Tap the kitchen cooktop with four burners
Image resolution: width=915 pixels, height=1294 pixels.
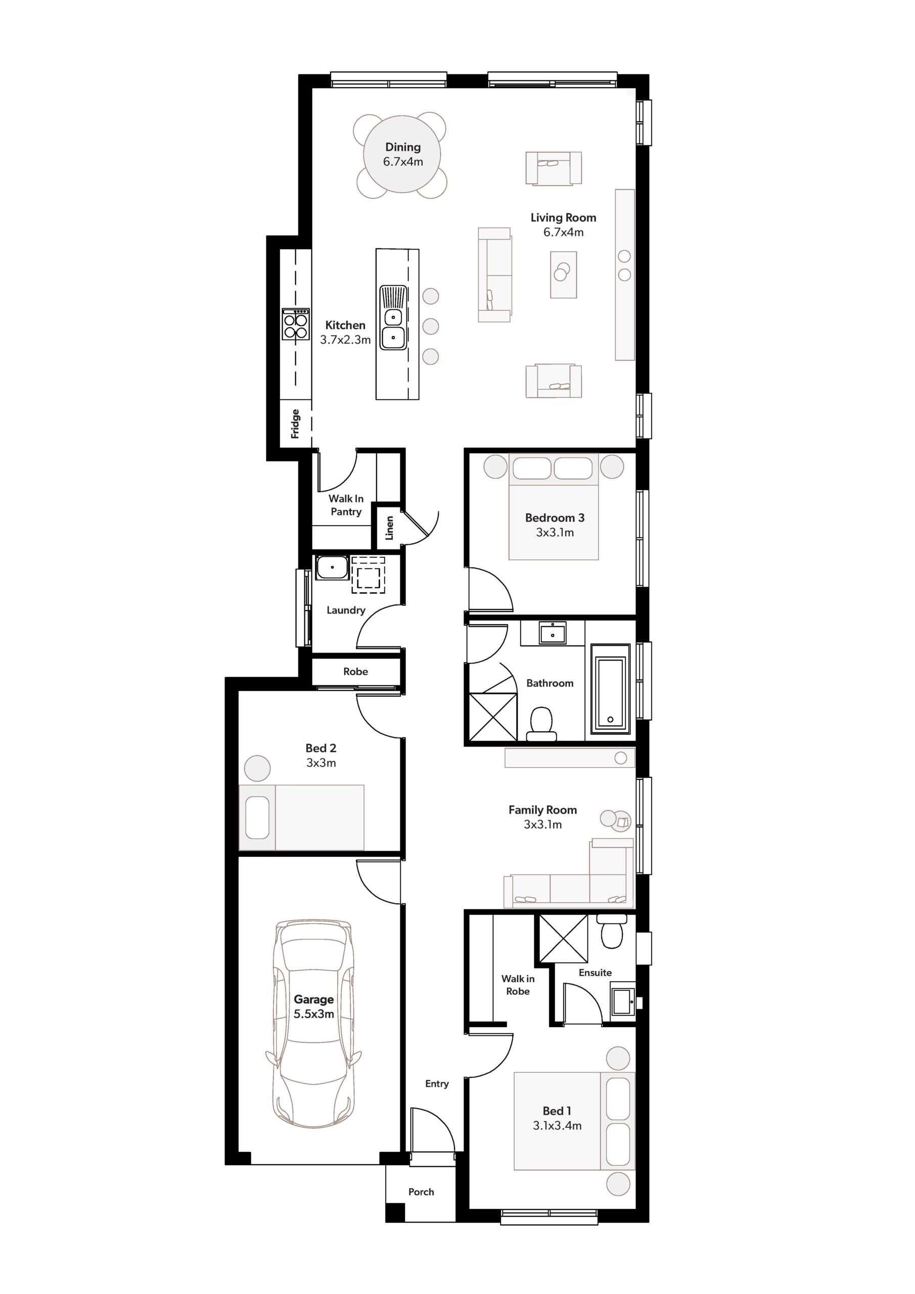tap(296, 324)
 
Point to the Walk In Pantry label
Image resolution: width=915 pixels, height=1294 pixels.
tap(346, 505)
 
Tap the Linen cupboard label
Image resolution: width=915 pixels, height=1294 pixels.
tap(389, 528)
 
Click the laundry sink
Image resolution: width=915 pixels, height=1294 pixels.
tap(332, 568)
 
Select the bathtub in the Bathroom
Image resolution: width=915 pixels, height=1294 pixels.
tap(611, 689)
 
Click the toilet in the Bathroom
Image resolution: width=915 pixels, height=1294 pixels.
tap(541, 724)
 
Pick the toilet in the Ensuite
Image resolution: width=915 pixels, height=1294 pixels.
tap(612, 931)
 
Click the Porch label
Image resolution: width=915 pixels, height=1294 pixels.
tap(421, 1192)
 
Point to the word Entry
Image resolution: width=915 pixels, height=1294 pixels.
tap(437, 1083)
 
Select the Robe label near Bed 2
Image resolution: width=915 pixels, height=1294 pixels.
tap(355, 671)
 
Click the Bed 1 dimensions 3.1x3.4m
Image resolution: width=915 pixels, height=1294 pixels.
tap(557, 1126)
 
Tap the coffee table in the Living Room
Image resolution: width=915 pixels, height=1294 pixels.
tap(563, 274)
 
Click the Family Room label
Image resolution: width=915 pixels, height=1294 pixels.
tap(542, 810)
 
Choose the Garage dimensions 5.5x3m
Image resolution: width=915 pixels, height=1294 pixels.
tap(314, 1014)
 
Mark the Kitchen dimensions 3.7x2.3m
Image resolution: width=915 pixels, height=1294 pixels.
tap(346, 340)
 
